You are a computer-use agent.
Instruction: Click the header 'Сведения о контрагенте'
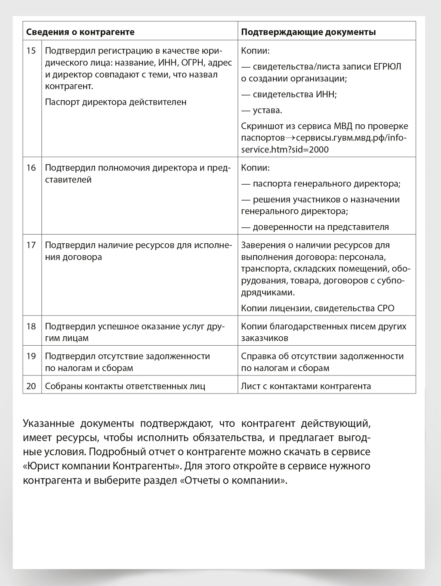(x=80, y=32)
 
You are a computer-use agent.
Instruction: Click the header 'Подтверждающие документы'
(x=308, y=32)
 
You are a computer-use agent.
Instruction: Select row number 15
(x=31, y=51)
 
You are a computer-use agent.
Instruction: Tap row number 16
(x=31, y=167)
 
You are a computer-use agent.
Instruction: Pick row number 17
(x=31, y=245)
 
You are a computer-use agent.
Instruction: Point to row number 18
(x=31, y=326)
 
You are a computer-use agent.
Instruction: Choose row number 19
(x=31, y=356)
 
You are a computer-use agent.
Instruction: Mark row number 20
(x=31, y=386)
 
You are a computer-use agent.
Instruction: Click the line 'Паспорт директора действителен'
(x=116, y=102)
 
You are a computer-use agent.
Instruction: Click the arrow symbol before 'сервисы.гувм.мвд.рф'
(x=290, y=138)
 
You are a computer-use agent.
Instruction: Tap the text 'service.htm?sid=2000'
(x=285, y=150)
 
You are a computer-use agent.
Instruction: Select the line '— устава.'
(x=262, y=110)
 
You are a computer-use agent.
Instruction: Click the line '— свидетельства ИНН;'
(x=289, y=94)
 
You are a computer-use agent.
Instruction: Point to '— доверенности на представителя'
(x=315, y=227)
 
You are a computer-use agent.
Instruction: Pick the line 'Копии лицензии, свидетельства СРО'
(x=318, y=308)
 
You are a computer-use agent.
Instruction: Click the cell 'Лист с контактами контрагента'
(x=306, y=386)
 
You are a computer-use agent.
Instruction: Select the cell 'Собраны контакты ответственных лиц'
(x=125, y=386)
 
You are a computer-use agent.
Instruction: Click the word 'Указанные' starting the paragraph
(x=48, y=423)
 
